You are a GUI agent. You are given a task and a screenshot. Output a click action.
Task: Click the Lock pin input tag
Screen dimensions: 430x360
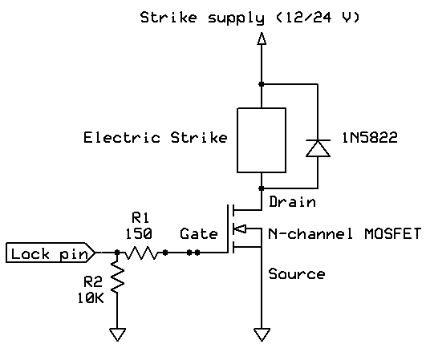tap(51, 253)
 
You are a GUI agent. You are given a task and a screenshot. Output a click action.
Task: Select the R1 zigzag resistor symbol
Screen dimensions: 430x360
tap(141, 253)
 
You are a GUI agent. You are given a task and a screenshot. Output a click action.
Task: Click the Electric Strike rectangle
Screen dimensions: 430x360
tap(262, 140)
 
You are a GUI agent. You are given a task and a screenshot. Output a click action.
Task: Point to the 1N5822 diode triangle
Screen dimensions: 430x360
tap(318, 148)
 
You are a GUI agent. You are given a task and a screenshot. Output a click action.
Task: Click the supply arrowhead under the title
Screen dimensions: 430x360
tap(262, 38)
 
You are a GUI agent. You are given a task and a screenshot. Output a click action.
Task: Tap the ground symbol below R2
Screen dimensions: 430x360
tap(117, 334)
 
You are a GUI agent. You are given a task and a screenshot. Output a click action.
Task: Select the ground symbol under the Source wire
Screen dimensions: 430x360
tap(262, 334)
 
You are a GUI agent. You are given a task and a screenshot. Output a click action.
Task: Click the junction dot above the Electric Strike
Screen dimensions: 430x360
tap(262, 84)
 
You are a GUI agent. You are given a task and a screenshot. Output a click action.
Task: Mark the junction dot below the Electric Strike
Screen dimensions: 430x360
tap(262, 188)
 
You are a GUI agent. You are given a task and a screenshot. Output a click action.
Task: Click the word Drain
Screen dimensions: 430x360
tap(292, 202)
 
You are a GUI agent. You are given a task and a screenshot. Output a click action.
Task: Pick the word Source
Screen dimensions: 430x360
tap(297, 274)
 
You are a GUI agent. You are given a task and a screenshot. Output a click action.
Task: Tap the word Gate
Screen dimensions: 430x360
tap(199, 234)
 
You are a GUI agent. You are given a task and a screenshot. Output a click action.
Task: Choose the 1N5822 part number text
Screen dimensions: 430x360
tap(370, 137)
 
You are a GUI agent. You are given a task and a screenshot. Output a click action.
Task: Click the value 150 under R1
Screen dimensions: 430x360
tap(139, 234)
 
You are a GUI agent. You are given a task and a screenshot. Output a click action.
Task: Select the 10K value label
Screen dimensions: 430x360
tap(91, 298)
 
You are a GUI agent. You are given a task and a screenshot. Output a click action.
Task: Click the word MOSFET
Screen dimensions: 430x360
tap(392, 234)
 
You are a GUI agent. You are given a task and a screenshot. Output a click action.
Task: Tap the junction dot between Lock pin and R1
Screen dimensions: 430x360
tap(117, 253)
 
